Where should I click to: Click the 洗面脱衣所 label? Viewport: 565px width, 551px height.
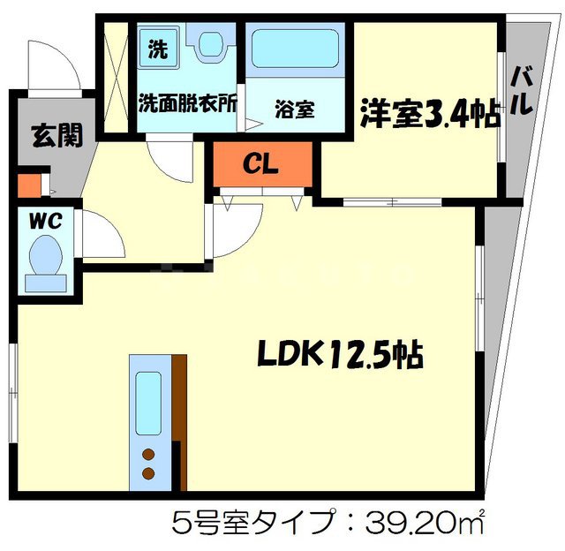point(187,102)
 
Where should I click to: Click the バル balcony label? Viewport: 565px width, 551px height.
point(521,88)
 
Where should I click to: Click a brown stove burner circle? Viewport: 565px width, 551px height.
point(148,456)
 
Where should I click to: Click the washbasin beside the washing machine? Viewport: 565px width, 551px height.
point(210,43)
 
